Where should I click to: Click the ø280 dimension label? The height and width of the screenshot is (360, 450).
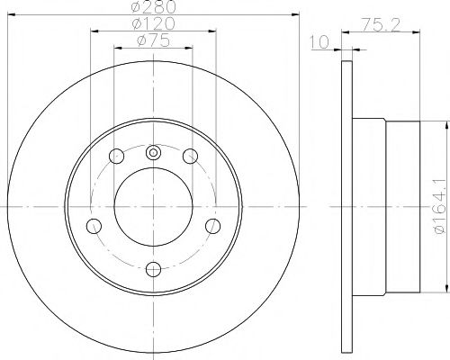tap(153, 6)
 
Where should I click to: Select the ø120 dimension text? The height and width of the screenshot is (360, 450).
tap(153, 23)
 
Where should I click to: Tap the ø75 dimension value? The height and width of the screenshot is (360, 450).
tap(153, 40)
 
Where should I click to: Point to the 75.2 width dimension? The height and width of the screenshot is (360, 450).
tap(381, 25)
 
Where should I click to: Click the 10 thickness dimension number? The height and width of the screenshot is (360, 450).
tap(319, 42)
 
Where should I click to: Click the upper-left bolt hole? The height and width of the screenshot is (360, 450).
tap(116, 156)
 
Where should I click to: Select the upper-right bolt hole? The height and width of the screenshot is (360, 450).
tap(190, 156)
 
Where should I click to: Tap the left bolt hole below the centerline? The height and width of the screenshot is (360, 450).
tap(94, 226)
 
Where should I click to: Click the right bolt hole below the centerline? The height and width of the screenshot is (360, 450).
tap(213, 226)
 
